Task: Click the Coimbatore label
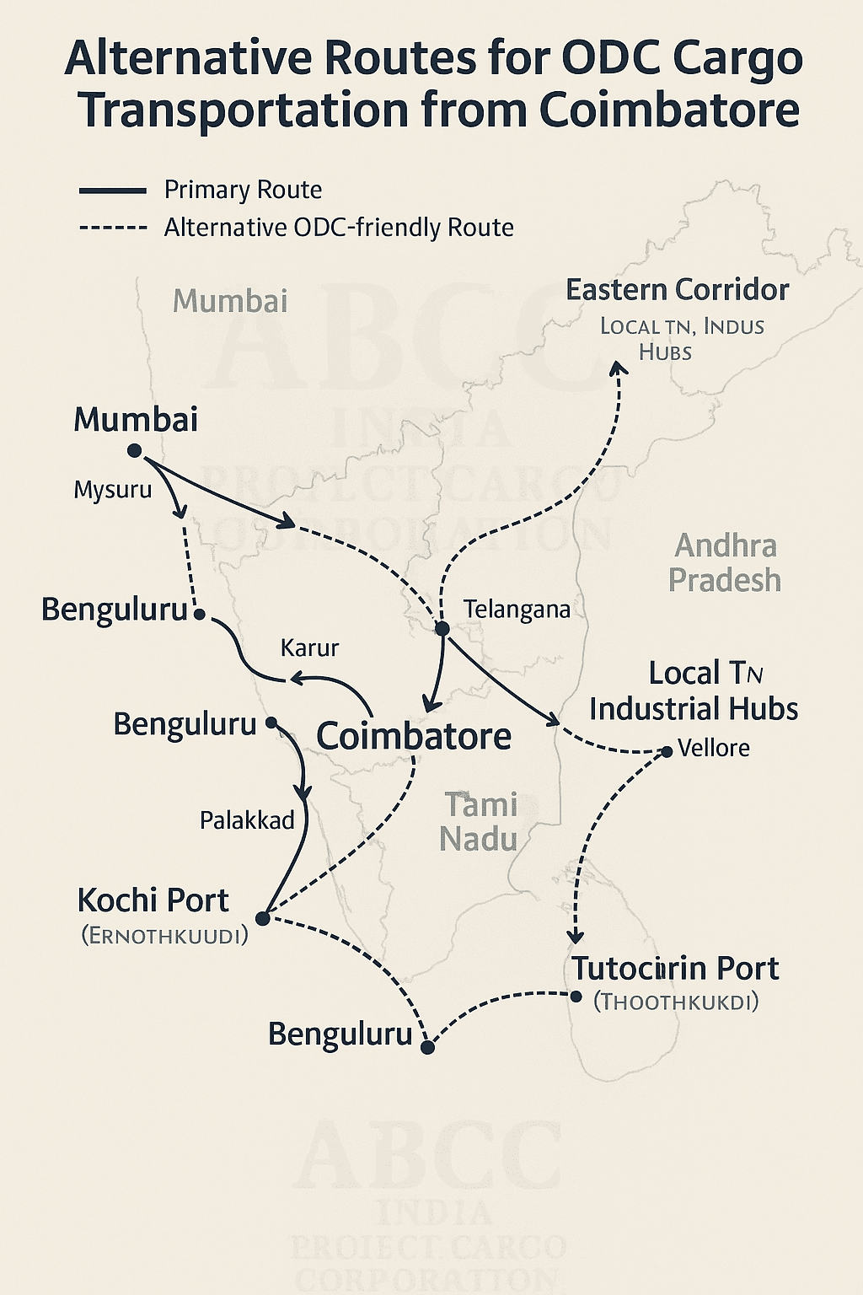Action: pyautogui.click(x=413, y=736)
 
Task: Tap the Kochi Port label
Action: pyautogui.click(x=153, y=900)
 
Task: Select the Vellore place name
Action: pyautogui.click(x=713, y=748)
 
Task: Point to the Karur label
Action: pyautogui.click(x=309, y=647)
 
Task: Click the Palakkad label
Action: pyautogui.click(x=247, y=819)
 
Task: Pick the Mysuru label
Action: pyautogui.click(x=113, y=490)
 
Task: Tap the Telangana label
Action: pyautogui.click(x=517, y=610)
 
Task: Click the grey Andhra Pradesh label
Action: pyautogui.click(x=725, y=563)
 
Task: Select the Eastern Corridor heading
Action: pyautogui.click(x=677, y=290)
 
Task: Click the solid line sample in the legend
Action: pyautogui.click(x=113, y=191)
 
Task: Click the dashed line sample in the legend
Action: pyautogui.click(x=113, y=228)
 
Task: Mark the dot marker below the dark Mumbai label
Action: pyautogui.click(x=134, y=451)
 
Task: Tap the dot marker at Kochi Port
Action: pyautogui.click(x=262, y=918)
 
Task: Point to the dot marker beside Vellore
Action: pyautogui.click(x=667, y=751)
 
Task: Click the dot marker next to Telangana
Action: pyautogui.click(x=442, y=629)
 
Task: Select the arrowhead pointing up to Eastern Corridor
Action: pyautogui.click(x=619, y=368)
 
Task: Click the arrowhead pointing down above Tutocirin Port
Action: pyautogui.click(x=576, y=936)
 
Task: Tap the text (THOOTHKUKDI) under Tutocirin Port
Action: pyautogui.click(x=676, y=1002)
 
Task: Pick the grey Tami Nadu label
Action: pyautogui.click(x=479, y=822)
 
